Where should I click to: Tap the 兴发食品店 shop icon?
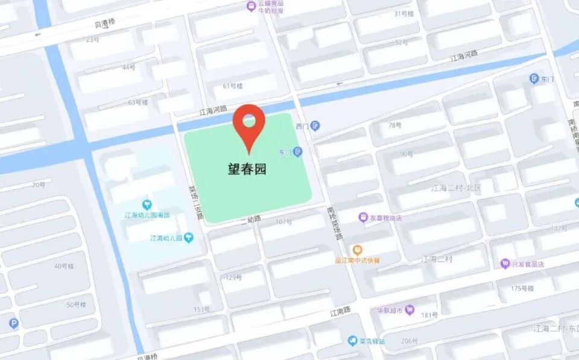[x=505, y=264]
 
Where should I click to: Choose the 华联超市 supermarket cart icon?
[x=410, y=310]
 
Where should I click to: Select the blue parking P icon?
[x=13, y=323]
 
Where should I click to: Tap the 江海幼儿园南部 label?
[x=147, y=215]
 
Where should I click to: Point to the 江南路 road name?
[x=340, y=313]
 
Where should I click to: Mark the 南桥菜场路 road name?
[x=335, y=223]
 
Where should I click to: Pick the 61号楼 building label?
[x=232, y=86]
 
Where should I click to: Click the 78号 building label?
[x=394, y=125]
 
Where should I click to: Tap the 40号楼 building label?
[x=63, y=266]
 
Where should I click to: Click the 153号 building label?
[x=201, y=309]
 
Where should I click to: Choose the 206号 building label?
[x=410, y=341]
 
